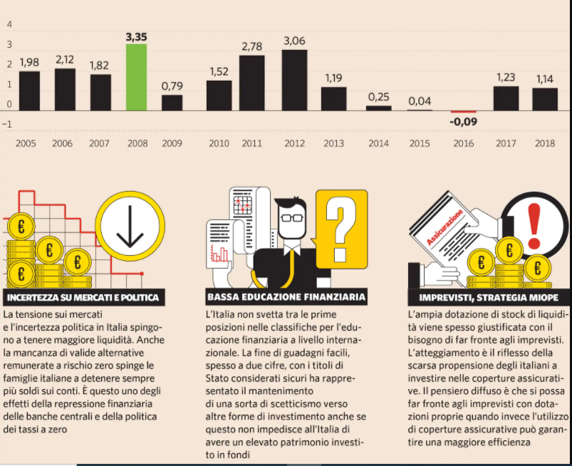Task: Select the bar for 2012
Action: (x=294, y=80)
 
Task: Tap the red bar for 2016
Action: (x=463, y=112)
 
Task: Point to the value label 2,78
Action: (x=252, y=47)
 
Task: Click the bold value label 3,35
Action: (x=136, y=36)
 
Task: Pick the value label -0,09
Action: (x=463, y=121)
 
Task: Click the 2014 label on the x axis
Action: (x=379, y=143)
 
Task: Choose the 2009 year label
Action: (x=172, y=143)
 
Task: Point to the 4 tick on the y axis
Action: (x=9, y=24)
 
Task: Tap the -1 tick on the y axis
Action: (x=8, y=124)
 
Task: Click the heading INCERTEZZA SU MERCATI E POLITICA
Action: (x=82, y=297)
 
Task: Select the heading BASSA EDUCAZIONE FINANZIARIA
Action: (x=286, y=297)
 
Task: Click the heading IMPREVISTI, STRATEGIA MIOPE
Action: (x=487, y=297)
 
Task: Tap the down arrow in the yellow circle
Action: (x=130, y=228)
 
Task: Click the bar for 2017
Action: (x=506, y=98)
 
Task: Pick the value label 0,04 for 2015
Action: (x=420, y=102)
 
